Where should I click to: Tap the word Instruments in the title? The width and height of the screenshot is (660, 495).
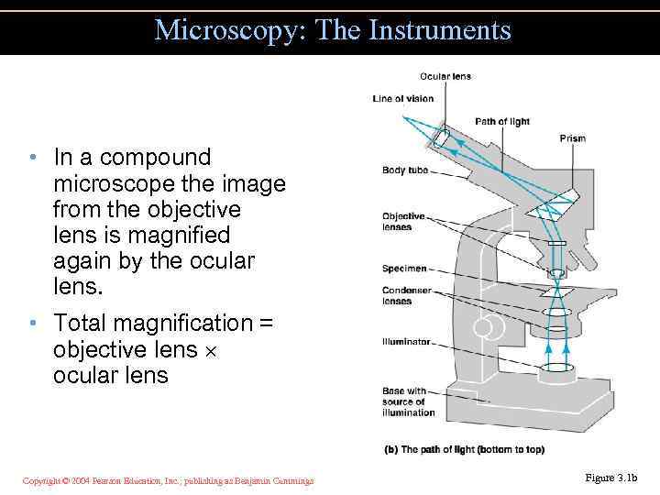439,30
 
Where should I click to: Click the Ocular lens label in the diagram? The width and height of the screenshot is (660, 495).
445,76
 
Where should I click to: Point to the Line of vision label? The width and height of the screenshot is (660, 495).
402,99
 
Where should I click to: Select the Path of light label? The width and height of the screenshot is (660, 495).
501,122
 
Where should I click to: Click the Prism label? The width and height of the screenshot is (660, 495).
572,138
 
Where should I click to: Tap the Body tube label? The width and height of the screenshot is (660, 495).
406,170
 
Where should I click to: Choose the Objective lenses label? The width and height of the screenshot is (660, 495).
404,221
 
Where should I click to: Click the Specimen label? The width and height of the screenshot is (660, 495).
404,269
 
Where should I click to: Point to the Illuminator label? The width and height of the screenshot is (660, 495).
406,342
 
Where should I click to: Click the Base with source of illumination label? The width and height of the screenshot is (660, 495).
409,401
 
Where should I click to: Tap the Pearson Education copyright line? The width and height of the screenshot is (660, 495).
168,480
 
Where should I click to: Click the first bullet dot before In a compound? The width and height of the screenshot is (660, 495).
31,158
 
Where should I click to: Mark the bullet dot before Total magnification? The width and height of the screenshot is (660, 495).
31,323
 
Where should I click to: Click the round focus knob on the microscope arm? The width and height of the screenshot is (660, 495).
486,325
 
